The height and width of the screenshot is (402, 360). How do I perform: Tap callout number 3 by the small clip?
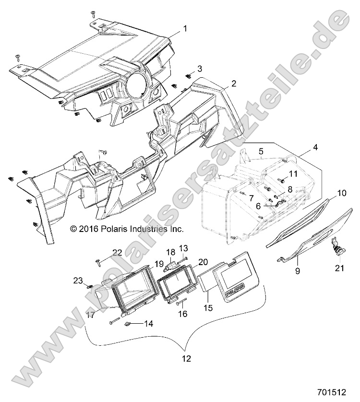(x=200, y=68)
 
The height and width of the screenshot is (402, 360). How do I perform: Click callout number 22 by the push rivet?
(x=117, y=253)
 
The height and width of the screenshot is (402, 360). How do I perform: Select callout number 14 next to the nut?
(x=149, y=324)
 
